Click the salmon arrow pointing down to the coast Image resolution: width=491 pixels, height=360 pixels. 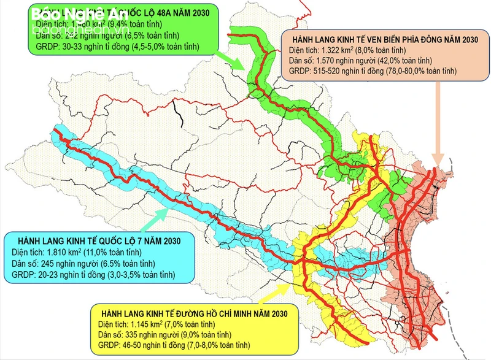(x=437, y=123)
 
